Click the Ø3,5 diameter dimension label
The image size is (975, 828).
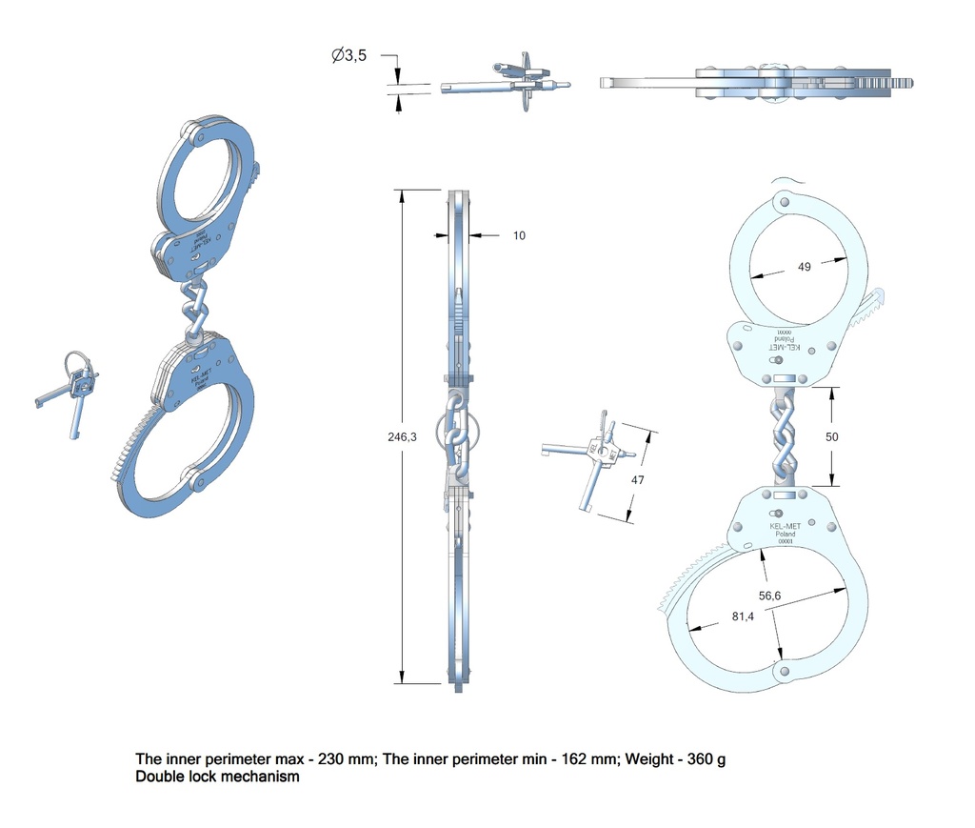coord(349,56)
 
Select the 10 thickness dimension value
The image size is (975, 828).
coord(519,235)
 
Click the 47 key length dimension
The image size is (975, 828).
coord(638,480)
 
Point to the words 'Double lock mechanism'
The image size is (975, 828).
coord(218,777)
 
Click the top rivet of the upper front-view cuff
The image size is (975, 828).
coord(783,202)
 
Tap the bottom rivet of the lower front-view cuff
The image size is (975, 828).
coord(783,673)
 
